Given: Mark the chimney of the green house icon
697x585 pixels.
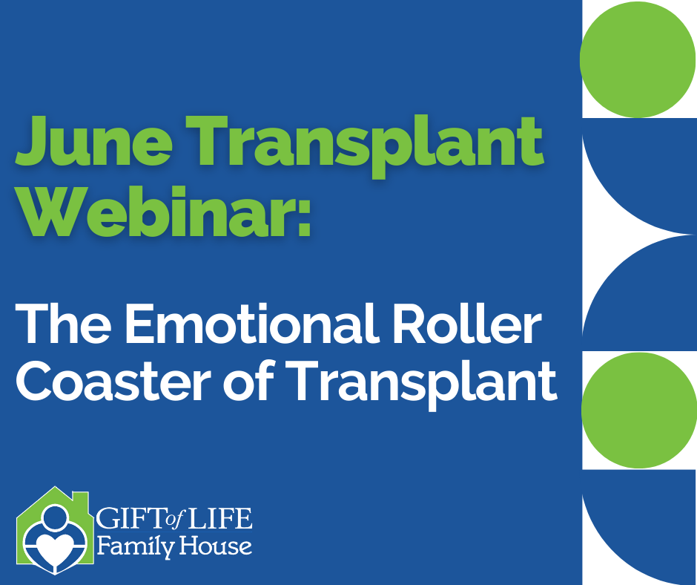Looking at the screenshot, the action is (x=81, y=501).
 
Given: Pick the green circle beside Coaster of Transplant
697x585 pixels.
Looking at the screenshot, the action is (x=639, y=410).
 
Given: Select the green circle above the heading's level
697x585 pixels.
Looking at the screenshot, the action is (x=638, y=59).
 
